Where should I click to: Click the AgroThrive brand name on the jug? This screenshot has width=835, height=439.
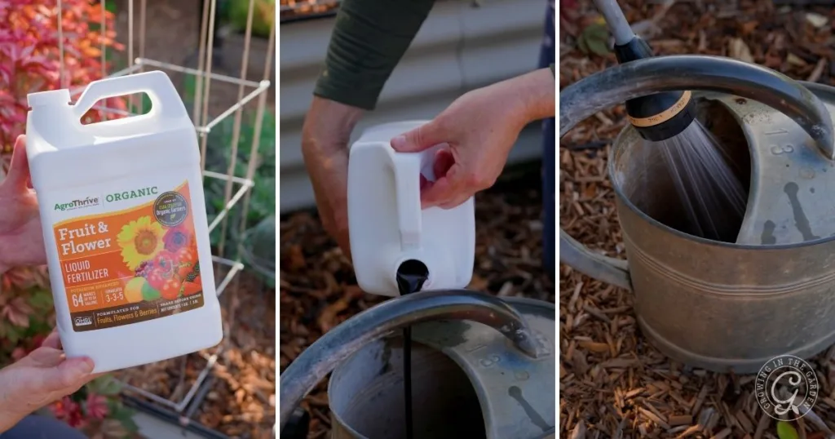pyautogui.click(x=77, y=203)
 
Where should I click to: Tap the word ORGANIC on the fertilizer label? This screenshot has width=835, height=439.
pyautogui.click(x=131, y=195)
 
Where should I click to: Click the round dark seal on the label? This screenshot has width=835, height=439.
pyautogui.click(x=170, y=206)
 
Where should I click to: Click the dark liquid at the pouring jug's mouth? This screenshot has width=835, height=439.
pyautogui.click(x=412, y=277)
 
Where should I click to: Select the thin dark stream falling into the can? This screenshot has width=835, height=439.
pyautogui.click(x=408, y=367)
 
